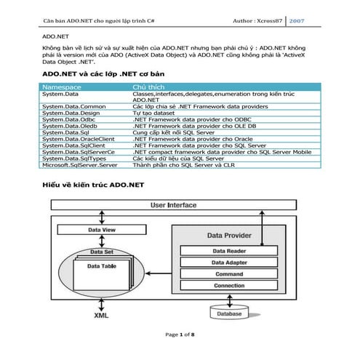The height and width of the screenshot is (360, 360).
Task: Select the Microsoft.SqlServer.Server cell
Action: [x=80, y=164]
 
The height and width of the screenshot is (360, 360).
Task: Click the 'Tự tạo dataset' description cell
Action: [x=157, y=114]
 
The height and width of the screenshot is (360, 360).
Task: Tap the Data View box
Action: [x=101, y=231]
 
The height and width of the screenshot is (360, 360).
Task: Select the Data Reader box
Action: [x=228, y=251]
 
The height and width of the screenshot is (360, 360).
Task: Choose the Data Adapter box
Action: [x=228, y=263]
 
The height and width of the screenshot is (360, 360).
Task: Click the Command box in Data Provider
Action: [x=228, y=274]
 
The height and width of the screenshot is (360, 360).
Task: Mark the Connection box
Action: [x=228, y=286]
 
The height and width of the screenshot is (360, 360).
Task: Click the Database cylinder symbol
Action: [x=229, y=313]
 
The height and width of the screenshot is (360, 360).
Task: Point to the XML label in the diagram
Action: [x=103, y=317]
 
